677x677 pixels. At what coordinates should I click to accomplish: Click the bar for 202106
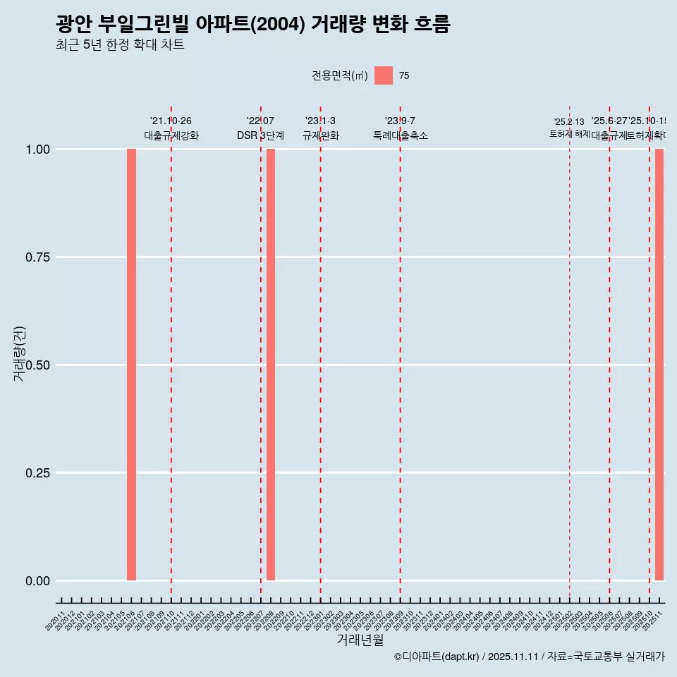[131, 365]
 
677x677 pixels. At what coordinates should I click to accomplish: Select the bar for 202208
[271, 365]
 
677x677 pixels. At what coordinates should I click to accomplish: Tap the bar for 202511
[659, 365]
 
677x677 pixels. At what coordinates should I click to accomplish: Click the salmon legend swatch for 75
[384, 75]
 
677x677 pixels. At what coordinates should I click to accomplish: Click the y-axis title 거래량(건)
[20, 354]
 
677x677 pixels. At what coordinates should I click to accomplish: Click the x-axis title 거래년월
[360, 640]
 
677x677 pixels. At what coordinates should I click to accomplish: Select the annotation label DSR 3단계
[260, 135]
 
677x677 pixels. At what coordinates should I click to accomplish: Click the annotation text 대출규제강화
[171, 135]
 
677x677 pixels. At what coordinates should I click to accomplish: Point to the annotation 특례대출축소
[401, 135]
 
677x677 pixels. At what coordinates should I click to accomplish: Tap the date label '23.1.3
[320, 121]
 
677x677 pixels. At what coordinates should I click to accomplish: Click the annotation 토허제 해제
[569, 134]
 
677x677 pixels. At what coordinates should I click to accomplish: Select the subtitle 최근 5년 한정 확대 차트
[120, 45]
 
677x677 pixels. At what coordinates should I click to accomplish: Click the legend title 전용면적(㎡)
[340, 75]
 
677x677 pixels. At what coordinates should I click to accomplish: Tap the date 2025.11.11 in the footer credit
[513, 657]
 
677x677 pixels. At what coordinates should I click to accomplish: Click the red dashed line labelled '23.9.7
[401, 353]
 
